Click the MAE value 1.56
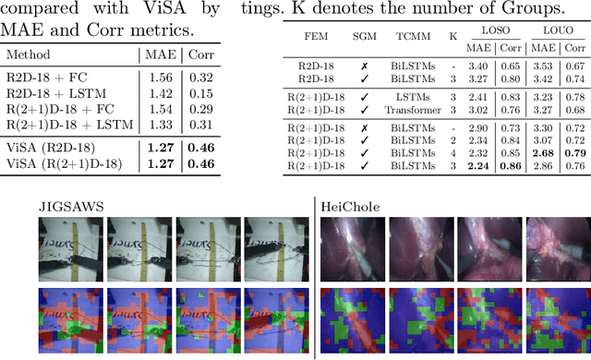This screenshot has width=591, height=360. coord(163,80)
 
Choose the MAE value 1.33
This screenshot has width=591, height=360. coord(163,124)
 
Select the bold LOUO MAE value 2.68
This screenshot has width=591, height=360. coord(543,153)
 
